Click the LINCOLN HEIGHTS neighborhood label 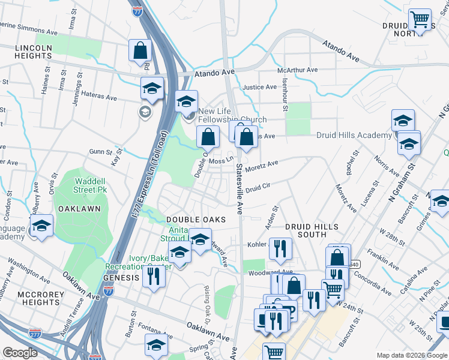point(26,52)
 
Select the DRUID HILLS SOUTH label point(312,230)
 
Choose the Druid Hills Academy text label point(354,136)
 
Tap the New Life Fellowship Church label point(232,115)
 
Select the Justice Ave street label point(259,87)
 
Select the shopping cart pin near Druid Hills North point(420,20)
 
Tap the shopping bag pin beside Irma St point(140,50)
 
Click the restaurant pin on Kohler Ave point(280,248)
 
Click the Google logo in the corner point(20,353)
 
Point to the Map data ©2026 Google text point(411,355)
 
